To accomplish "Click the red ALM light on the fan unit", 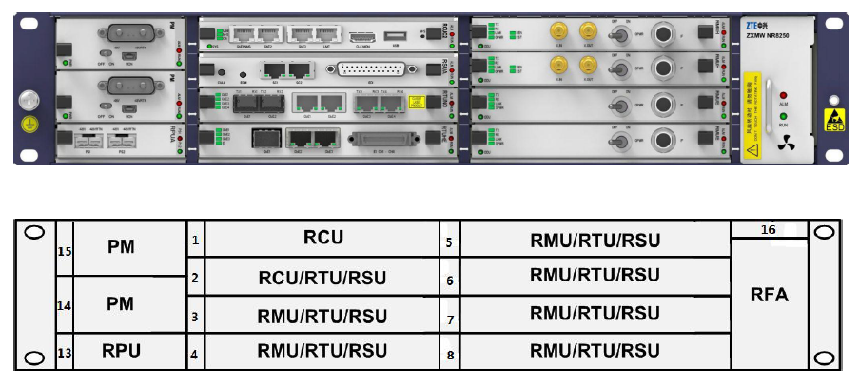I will pyautogui.click(x=784, y=97).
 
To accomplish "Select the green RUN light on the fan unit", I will pyautogui.click(x=784, y=116).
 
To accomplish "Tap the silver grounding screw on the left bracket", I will pyautogui.click(x=29, y=99).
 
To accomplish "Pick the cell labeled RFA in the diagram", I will pyautogui.click(x=769, y=295).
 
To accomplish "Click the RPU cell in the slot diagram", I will pyautogui.click(x=122, y=351).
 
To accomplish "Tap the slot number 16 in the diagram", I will pyautogui.click(x=769, y=229).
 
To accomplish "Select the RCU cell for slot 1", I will pyautogui.click(x=322, y=239).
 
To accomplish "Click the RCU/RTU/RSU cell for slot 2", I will pyautogui.click(x=322, y=278).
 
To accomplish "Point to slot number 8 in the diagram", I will pyautogui.click(x=449, y=356).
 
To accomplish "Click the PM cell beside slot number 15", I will pyautogui.click(x=122, y=247).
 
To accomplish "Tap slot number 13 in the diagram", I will pyautogui.click(x=66, y=354).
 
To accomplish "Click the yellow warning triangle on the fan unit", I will pyautogui.click(x=752, y=149).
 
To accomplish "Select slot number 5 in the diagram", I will pyautogui.click(x=449, y=242).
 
